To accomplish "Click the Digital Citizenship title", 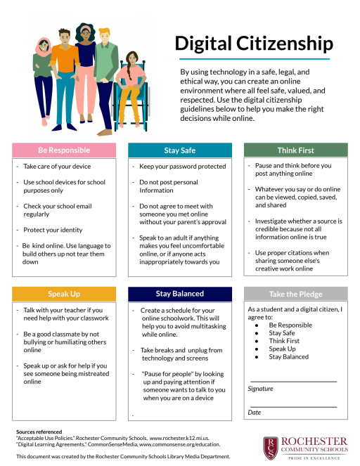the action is pyautogui.click(x=254, y=44).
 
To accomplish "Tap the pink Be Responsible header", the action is pyautogui.click(x=63, y=150).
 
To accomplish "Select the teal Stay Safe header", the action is pyautogui.click(x=181, y=150).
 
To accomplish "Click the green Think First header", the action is pyautogui.click(x=295, y=150).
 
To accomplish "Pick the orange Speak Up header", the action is pyautogui.click(x=63, y=293).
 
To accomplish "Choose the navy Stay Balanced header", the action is pyautogui.click(x=179, y=293).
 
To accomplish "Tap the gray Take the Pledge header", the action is pyautogui.click(x=295, y=294).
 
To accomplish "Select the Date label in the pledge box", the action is pyautogui.click(x=255, y=413).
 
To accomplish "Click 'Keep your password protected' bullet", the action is pyautogui.click(x=183, y=167).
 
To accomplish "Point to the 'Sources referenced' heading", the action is pyautogui.click(x=39, y=431).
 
